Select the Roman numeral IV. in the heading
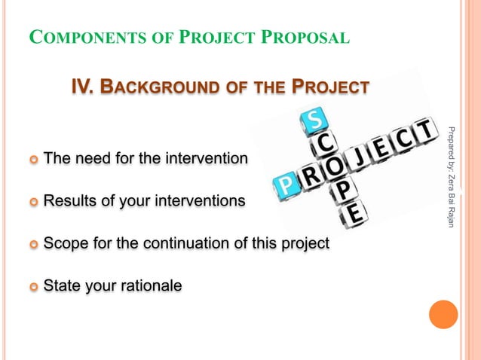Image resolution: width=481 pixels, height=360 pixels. (x=83, y=88)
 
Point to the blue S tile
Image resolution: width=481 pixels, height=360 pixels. (x=314, y=119)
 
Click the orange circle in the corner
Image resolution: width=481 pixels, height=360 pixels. (x=443, y=314)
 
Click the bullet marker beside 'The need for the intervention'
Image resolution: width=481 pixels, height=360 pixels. (x=32, y=160)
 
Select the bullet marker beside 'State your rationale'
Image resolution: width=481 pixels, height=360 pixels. (x=32, y=286)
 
